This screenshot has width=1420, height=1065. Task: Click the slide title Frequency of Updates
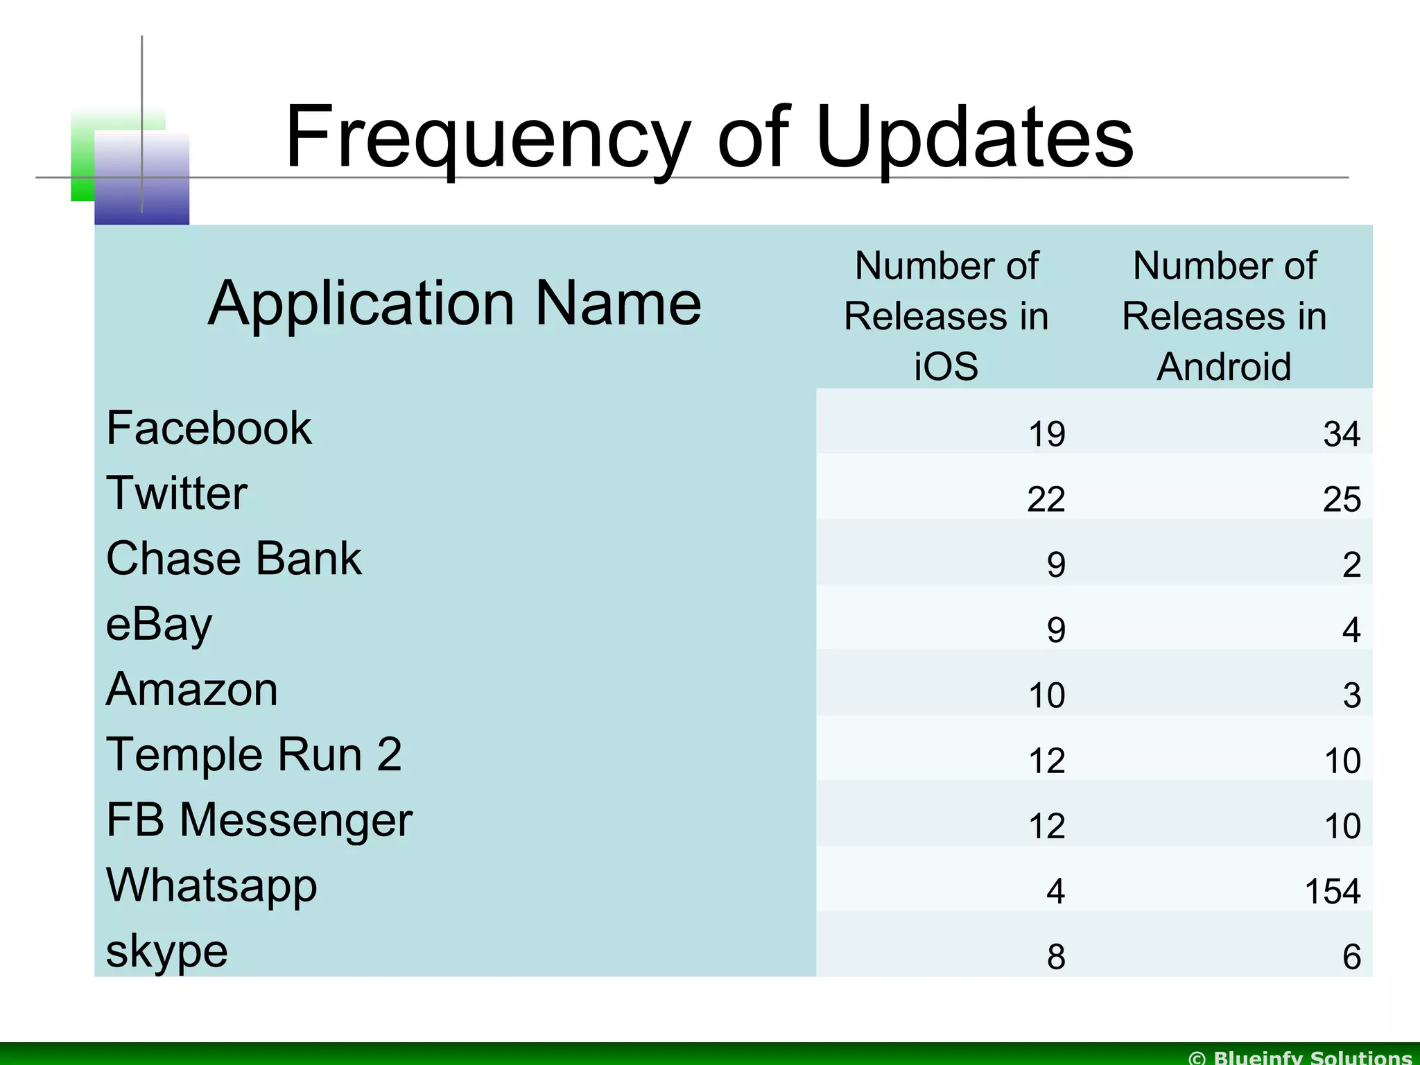click(709, 137)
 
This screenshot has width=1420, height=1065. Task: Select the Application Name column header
click(455, 303)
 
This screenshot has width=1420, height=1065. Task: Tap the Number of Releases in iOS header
click(946, 316)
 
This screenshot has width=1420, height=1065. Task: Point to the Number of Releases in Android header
click(1224, 316)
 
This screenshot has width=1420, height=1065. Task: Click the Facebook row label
click(209, 428)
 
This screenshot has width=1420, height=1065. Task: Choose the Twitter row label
click(177, 493)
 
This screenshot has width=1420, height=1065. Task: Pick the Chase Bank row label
click(234, 558)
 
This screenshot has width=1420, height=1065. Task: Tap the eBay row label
click(159, 624)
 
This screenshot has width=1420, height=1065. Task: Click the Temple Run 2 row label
click(254, 754)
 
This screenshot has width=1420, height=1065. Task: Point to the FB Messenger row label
click(259, 820)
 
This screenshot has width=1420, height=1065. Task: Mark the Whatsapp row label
click(211, 885)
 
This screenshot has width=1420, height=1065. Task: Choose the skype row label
click(166, 951)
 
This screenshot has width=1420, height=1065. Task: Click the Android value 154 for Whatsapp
click(1332, 892)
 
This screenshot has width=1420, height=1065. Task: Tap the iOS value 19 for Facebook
click(1046, 435)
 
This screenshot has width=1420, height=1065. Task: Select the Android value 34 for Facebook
click(1342, 435)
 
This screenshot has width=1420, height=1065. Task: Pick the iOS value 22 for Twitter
click(1046, 500)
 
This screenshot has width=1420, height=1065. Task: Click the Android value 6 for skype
click(1351, 958)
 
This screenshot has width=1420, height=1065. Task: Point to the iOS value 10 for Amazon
click(1046, 695)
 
